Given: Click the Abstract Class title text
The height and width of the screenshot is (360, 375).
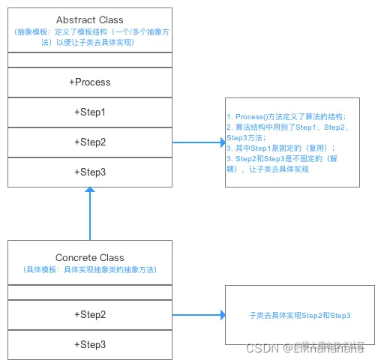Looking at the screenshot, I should pyautogui.click(x=89, y=19).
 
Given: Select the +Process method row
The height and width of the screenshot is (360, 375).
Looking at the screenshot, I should pyautogui.click(x=89, y=82).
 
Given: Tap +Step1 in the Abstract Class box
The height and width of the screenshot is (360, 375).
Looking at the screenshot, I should pyautogui.click(x=89, y=112).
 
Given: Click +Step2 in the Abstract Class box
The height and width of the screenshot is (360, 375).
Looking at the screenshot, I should pyautogui.click(x=89, y=142).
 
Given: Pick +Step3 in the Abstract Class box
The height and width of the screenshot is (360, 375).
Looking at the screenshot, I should pyautogui.click(x=89, y=172).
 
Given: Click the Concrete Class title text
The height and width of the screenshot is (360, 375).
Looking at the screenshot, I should pyautogui.click(x=89, y=257).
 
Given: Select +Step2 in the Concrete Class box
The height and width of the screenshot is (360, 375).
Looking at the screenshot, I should pyautogui.click(x=89, y=314).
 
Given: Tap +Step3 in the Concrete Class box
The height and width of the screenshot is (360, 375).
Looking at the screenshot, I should pyautogui.click(x=89, y=344).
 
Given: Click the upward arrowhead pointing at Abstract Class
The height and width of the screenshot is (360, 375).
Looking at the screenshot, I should pyautogui.click(x=90, y=192).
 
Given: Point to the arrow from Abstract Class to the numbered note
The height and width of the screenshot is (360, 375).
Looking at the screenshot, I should pyautogui.click(x=199, y=142).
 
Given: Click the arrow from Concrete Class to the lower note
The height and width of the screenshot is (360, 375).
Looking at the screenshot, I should pyautogui.click(x=199, y=315).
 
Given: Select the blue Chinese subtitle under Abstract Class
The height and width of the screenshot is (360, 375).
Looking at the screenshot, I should pyautogui.click(x=89, y=37).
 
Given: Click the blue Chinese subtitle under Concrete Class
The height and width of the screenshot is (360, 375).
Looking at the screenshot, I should pyautogui.click(x=89, y=268).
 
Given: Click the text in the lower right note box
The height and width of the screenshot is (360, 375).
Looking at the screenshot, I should pyautogui.click(x=299, y=316).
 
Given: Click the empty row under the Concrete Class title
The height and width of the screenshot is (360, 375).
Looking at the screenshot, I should pyautogui.click(x=89, y=292).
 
